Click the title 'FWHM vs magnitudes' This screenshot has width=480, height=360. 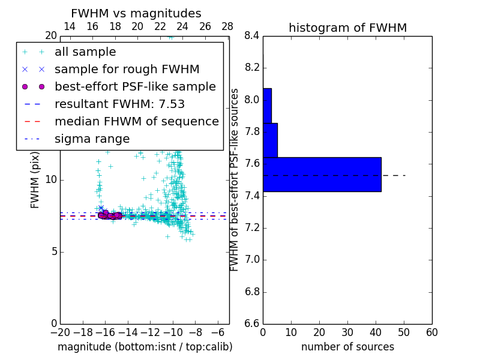(x=136, y=13)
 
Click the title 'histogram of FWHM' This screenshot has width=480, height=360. (x=347, y=28)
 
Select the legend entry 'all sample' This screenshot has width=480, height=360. (x=85, y=52)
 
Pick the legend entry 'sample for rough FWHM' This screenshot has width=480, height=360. (x=127, y=70)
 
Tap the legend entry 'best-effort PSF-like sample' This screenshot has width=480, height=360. (x=135, y=87)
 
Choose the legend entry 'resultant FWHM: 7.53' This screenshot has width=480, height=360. (x=119, y=104)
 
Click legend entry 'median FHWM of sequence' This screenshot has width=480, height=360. (x=136, y=122)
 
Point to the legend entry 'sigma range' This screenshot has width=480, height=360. (x=92, y=139)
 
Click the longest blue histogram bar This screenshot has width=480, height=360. (x=322, y=175)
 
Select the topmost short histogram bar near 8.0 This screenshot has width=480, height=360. (x=267, y=106)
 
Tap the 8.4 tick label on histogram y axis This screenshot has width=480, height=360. (x=252, y=35)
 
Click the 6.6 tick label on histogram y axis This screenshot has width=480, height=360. (x=252, y=324)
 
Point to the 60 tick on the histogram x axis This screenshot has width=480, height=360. (x=431, y=332)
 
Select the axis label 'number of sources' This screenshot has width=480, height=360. (x=347, y=347)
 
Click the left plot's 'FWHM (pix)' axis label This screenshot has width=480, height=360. (x=35, y=179)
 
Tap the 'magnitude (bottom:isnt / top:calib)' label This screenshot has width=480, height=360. (x=145, y=347)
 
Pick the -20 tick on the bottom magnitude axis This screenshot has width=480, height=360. (x=60, y=332)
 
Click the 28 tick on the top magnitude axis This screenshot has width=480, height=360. (x=227, y=26)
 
